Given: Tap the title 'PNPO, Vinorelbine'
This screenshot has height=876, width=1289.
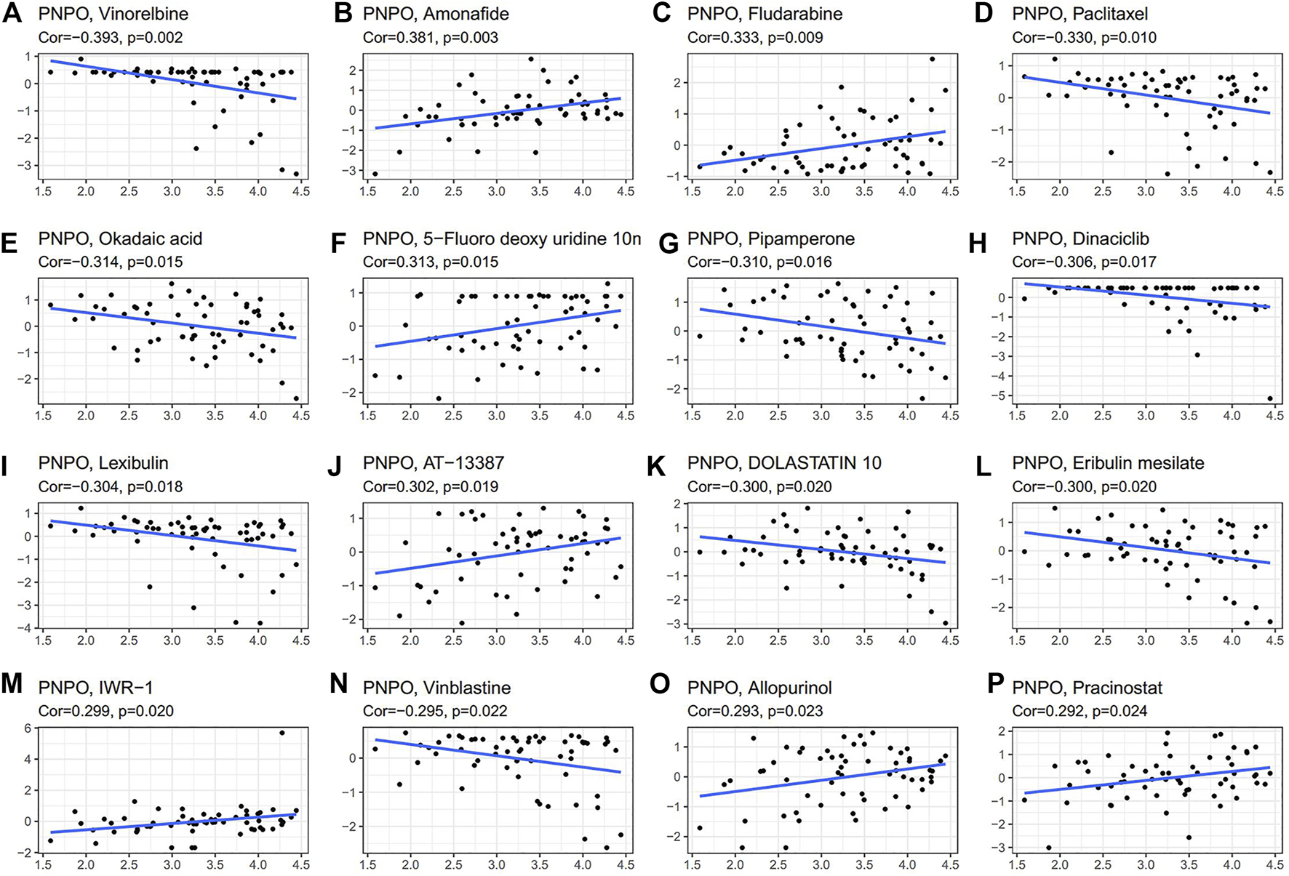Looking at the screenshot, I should (113, 14).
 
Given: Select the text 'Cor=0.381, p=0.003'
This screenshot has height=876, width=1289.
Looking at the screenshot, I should (430, 37).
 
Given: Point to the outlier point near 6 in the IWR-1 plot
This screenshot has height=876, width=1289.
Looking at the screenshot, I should (282, 733).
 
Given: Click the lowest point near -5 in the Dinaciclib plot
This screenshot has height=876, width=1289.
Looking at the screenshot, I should (1270, 398).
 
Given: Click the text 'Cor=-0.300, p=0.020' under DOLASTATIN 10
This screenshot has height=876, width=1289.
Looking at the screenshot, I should (759, 486).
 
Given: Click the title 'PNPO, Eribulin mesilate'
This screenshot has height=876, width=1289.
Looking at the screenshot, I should (1108, 463).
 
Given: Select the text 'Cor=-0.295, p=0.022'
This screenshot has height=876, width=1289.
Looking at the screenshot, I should (434, 711).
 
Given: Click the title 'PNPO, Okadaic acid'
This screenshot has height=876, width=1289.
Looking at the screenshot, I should (120, 238).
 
